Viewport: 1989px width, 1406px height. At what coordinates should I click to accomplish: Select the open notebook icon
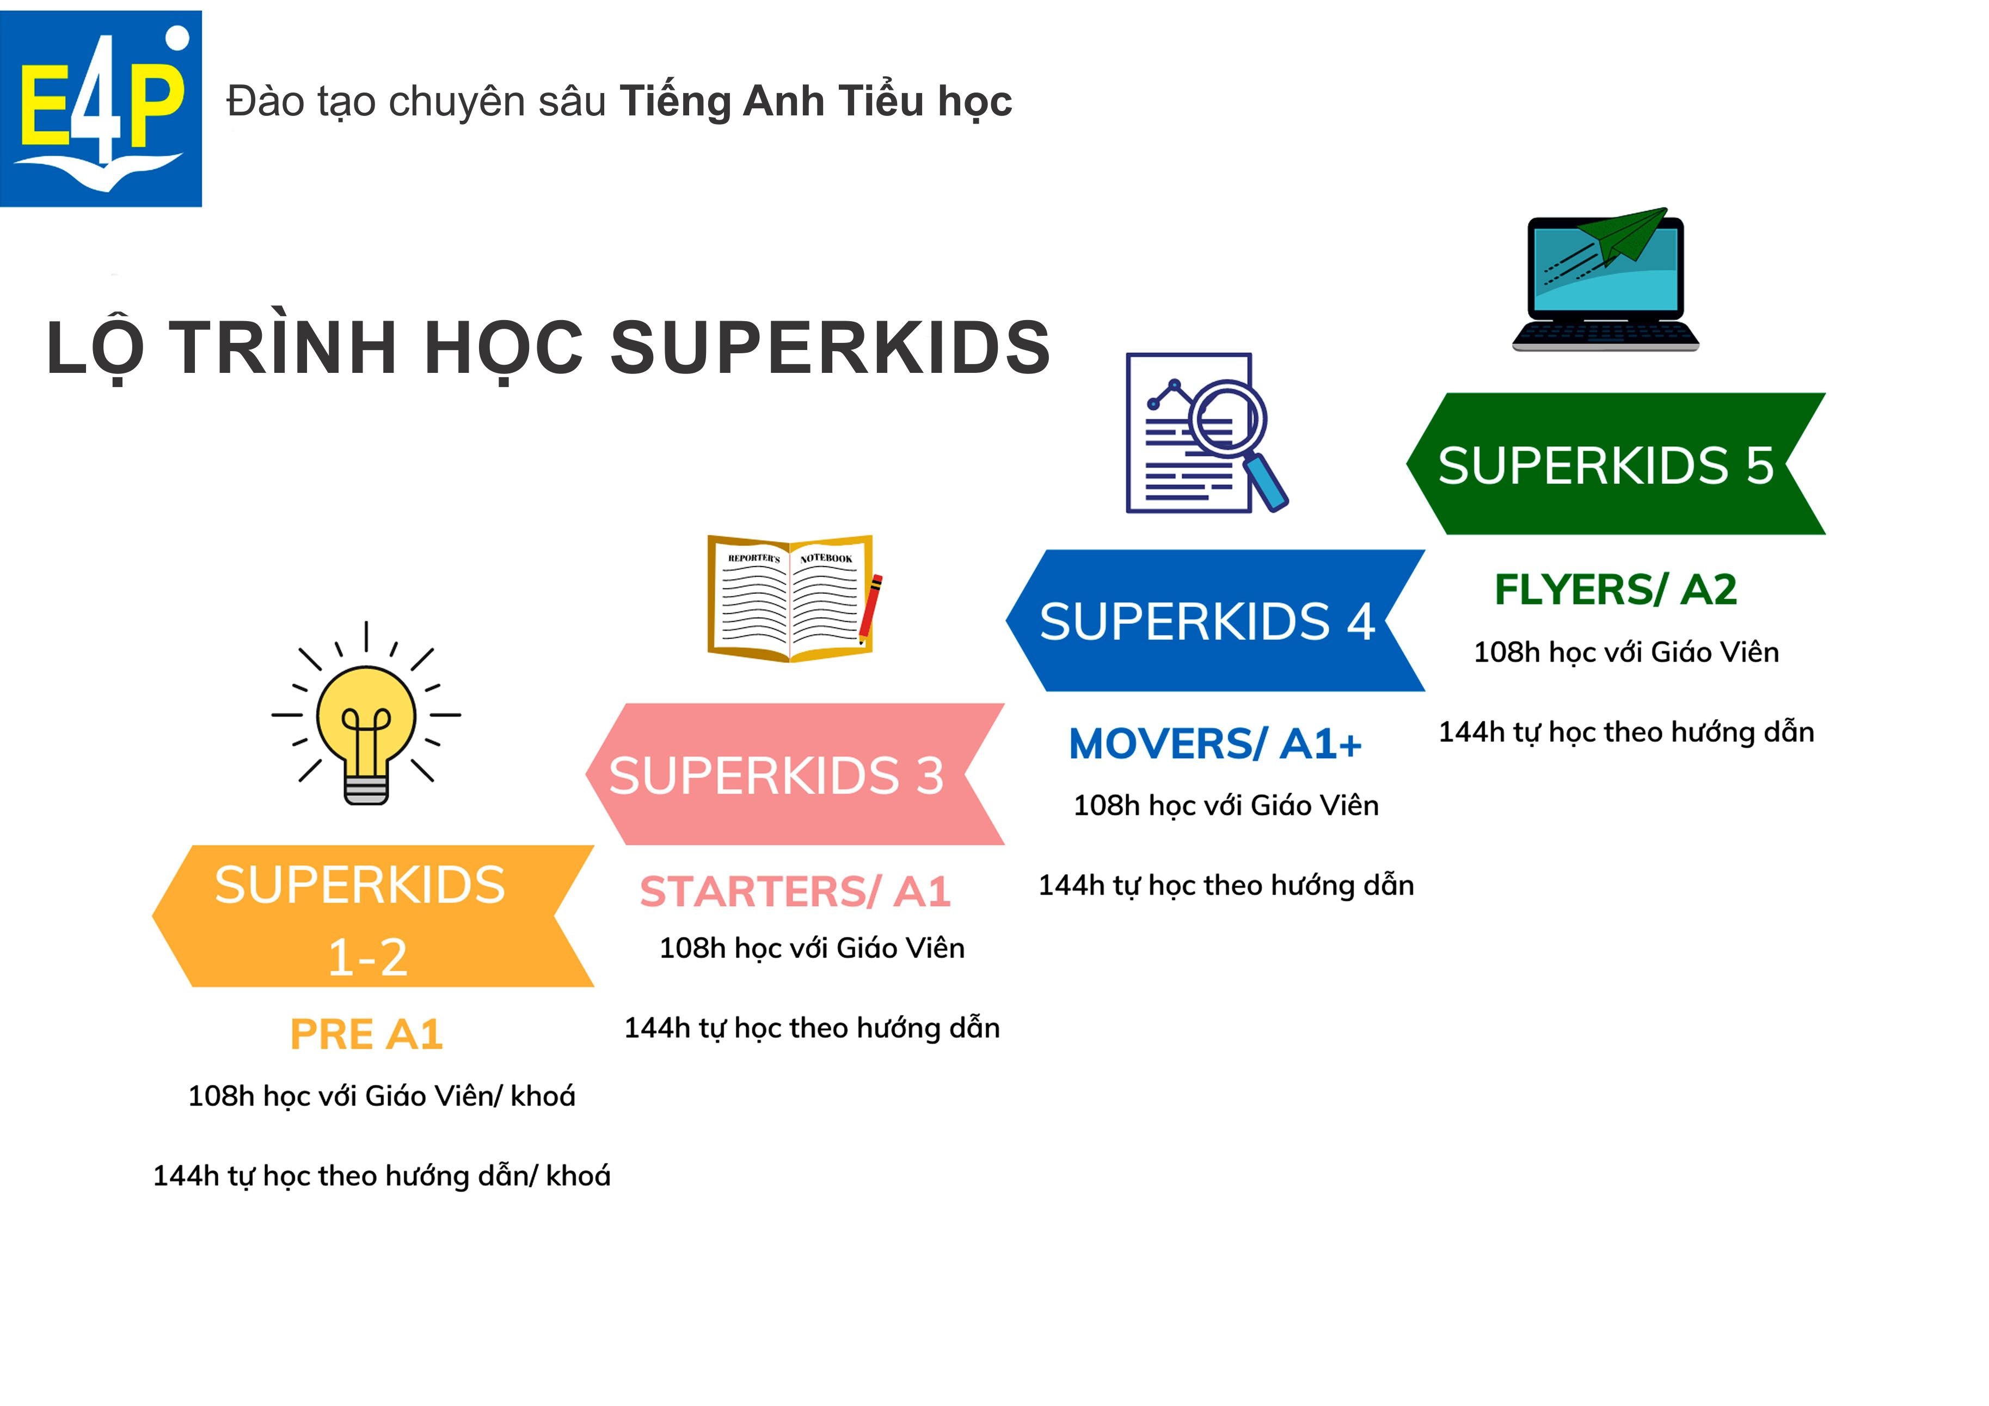coord(789,598)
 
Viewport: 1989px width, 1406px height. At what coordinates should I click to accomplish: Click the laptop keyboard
coord(1605,334)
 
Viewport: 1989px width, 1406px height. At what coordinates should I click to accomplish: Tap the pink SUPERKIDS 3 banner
coord(795,775)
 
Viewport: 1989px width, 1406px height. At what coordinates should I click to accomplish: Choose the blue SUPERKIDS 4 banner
coord(1215,621)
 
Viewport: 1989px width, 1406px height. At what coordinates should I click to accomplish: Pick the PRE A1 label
coord(366,1034)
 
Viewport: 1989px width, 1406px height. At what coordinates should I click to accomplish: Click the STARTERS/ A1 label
coord(795,892)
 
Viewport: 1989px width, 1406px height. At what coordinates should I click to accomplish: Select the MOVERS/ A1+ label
coord(1215,744)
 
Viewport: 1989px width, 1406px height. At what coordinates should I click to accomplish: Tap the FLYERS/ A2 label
coord(1616,590)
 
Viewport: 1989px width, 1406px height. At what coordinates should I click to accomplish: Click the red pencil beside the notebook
coord(870,610)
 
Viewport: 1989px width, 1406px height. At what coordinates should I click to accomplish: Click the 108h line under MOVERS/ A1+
coord(1226,806)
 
